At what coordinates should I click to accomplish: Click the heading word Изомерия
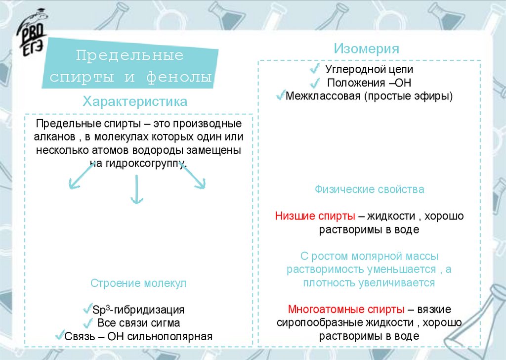[x=366, y=49]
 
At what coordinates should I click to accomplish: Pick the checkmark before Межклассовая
[x=280, y=94]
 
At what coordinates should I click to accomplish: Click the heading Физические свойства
[x=369, y=189]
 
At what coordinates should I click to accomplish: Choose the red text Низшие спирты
[x=315, y=216]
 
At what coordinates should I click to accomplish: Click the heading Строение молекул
[x=138, y=283]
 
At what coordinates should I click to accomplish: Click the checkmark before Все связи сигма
[x=88, y=323]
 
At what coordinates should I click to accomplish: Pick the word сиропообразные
[x=312, y=323]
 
